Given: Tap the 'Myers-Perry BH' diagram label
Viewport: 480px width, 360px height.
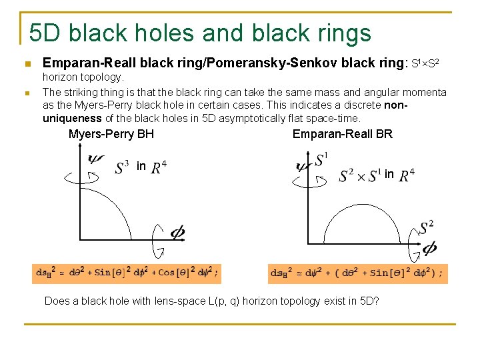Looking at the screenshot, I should [111, 134].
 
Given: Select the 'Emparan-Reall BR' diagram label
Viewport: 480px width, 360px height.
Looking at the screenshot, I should [343, 134].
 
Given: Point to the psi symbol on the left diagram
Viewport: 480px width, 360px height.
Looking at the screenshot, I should [95, 159].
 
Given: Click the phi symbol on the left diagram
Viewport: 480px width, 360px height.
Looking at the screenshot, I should [178, 233].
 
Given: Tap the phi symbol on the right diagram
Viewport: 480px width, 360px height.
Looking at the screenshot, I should [429, 248].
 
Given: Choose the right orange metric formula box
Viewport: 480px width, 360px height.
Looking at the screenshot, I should [358, 273].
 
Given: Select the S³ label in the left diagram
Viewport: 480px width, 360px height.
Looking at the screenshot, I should [122, 166].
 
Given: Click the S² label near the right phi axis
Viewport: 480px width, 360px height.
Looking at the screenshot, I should [427, 228].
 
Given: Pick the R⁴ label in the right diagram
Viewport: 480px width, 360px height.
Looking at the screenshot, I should [407, 175].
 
